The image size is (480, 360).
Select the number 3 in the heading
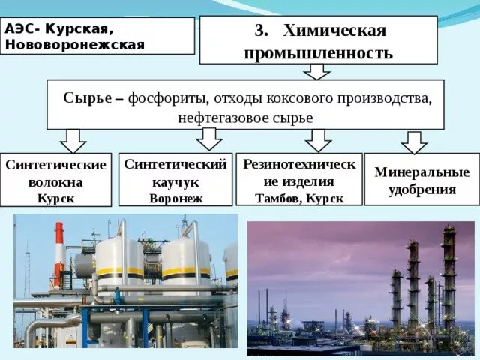260,31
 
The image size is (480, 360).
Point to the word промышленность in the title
318,53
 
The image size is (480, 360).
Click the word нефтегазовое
218,118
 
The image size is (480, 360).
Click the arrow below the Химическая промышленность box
317,71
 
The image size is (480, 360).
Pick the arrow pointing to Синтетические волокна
73,139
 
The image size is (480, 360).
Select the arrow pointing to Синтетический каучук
209,138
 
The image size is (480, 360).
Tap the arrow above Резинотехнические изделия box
318,139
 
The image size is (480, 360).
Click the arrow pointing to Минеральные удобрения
414,141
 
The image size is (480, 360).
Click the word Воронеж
175,199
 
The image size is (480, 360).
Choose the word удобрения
422,190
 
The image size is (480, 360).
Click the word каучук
175,182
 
